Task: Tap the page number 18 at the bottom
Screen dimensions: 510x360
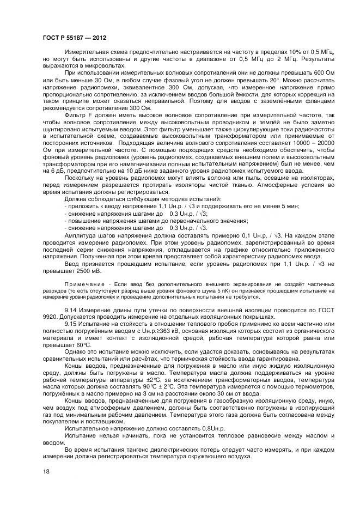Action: (46, 471)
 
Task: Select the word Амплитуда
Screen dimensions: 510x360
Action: (82, 235)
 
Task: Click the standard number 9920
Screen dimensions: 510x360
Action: (50, 317)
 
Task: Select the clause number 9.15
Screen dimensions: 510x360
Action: (71, 324)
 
